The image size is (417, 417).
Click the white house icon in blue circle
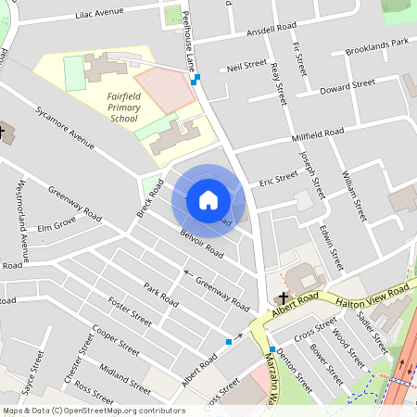click(208, 200)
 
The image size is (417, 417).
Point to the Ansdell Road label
click(271, 31)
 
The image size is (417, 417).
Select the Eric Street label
click(278, 176)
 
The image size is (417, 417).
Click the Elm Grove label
click(56, 225)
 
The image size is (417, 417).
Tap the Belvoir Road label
click(202, 242)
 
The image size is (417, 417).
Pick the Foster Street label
click(129, 310)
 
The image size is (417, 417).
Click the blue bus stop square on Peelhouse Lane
click(195, 81)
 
